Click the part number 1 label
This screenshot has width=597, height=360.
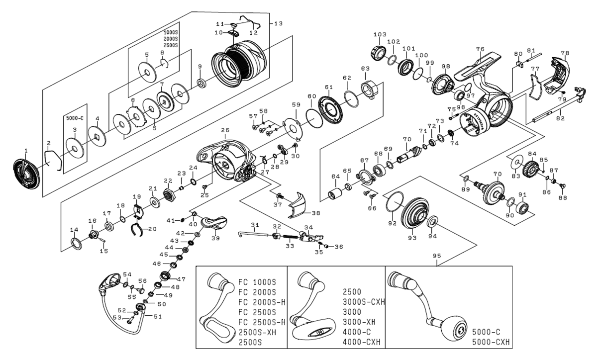coord(26,150)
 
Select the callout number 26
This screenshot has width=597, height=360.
coord(225,131)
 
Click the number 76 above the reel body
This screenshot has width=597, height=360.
coord(480,49)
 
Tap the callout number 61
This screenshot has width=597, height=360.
coord(328,88)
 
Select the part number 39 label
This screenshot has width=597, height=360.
coord(215,238)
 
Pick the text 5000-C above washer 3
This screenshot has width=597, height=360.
coord(75,118)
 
